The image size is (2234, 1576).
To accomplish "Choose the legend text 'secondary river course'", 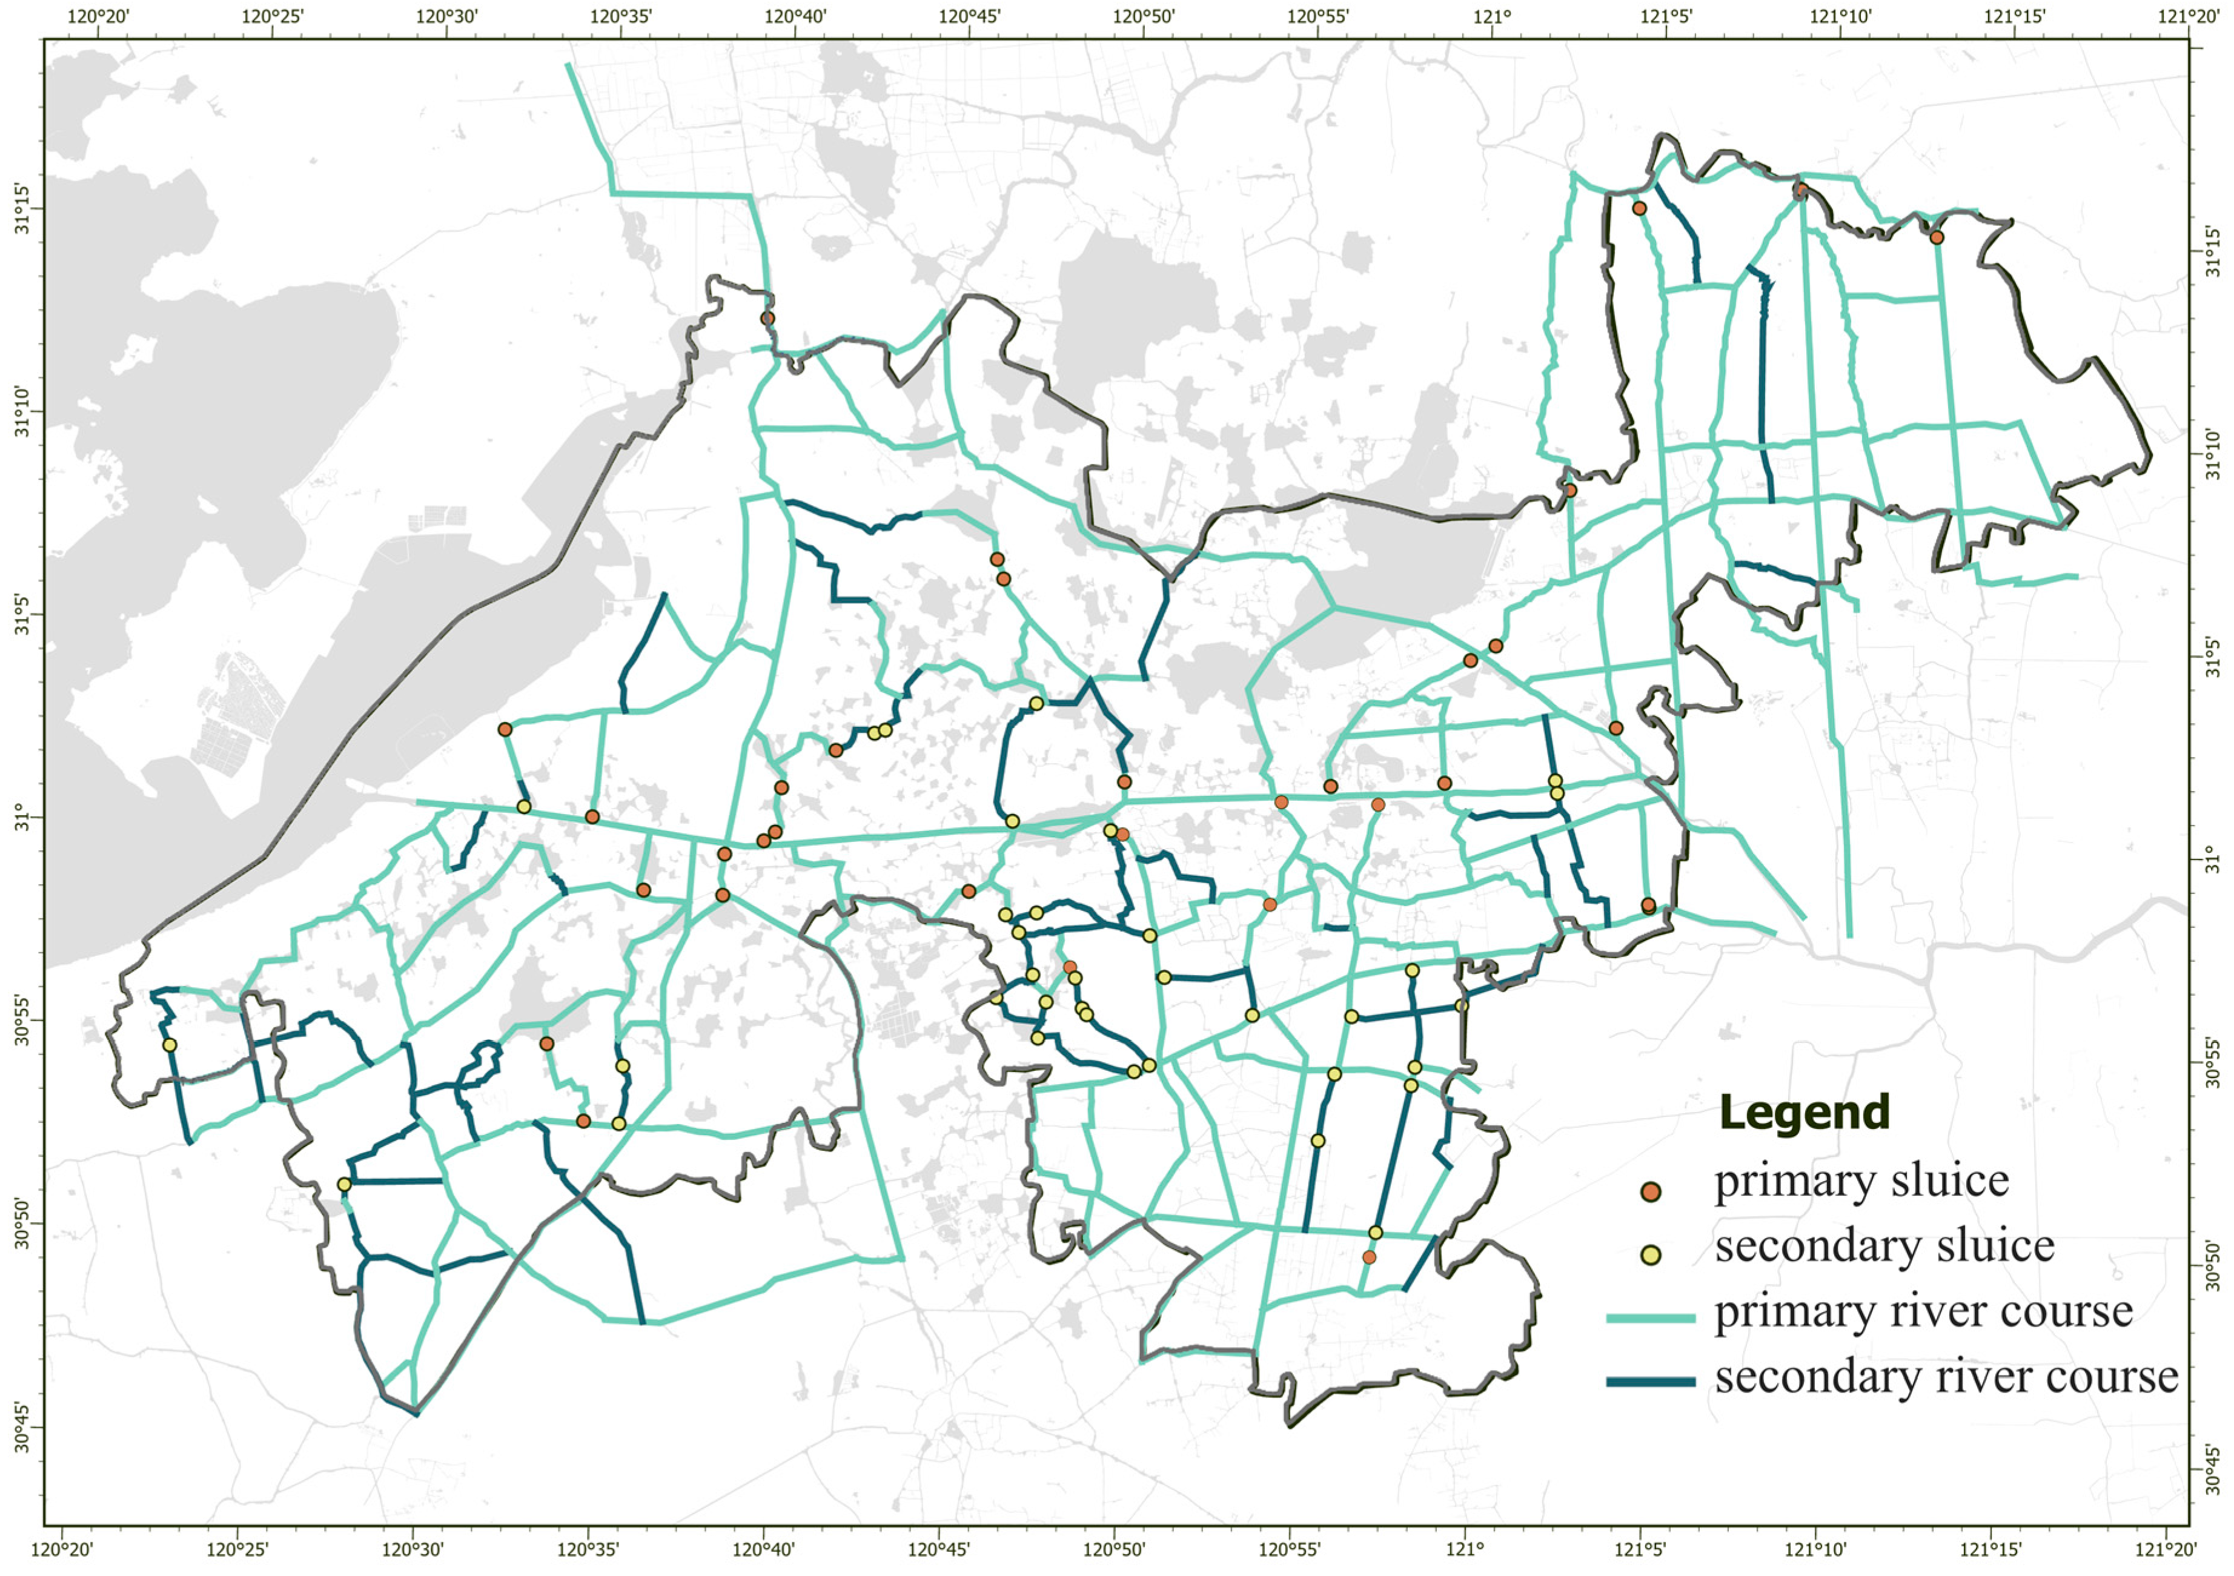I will (1946, 1377).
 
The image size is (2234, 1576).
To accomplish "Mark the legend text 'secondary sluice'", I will (1884, 1247).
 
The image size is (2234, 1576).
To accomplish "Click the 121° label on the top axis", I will (1491, 16).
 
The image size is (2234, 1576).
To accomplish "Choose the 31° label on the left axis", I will (21, 817).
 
